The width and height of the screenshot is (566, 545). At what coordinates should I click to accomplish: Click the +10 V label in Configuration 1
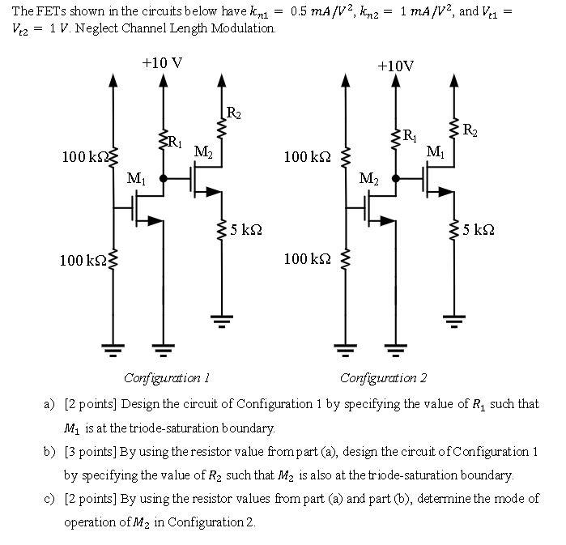[x=162, y=62]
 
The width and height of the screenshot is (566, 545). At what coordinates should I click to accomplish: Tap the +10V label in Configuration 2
[x=395, y=66]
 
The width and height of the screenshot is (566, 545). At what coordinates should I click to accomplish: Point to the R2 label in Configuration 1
[x=233, y=113]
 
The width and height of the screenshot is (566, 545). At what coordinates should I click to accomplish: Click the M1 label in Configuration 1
[x=137, y=178]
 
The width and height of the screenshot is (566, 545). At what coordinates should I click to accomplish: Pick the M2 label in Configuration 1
[x=203, y=152]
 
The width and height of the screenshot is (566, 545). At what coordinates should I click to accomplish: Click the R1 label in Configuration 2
[x=411, y=134]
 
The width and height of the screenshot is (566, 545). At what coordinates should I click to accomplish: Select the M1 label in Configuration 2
[x=435, y=152]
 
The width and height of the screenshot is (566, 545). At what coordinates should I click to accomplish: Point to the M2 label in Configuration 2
[x=368, y=178]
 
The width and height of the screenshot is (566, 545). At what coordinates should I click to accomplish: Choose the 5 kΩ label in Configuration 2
[x=479, y=230]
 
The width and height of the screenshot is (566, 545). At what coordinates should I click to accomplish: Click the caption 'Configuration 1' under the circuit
[x=167, y=378]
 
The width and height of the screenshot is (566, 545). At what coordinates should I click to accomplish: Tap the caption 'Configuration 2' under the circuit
[x=383, y=378]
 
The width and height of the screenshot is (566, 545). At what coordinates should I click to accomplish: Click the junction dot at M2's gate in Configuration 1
[x=164, y=178]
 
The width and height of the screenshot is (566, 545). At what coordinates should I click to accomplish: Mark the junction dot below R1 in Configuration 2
[x=395, y=178]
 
